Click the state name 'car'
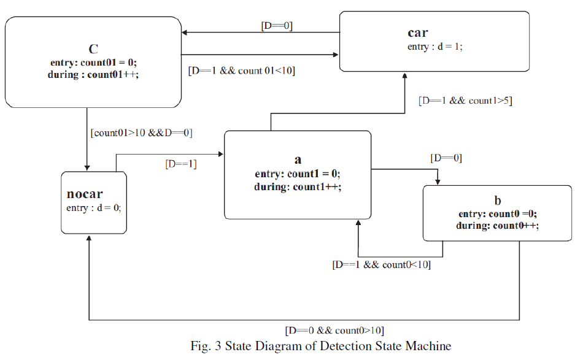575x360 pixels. pos(417,33)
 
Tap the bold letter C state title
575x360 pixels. pos(94,48)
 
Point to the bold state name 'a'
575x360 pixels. pos(298,160)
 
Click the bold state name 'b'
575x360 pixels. pos(497,201)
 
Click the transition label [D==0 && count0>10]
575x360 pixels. pos(334,331)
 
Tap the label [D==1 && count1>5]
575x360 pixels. pos(465,101)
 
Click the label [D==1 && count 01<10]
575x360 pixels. pos(241,70)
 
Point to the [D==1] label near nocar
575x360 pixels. pos(180,164)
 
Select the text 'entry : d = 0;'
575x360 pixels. pos(94,208)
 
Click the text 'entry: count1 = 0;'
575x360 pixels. pos(298,174)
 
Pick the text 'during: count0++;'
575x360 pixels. pos(497,226)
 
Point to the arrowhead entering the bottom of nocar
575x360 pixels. pos(90,237)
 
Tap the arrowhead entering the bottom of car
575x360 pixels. pos(404,75)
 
